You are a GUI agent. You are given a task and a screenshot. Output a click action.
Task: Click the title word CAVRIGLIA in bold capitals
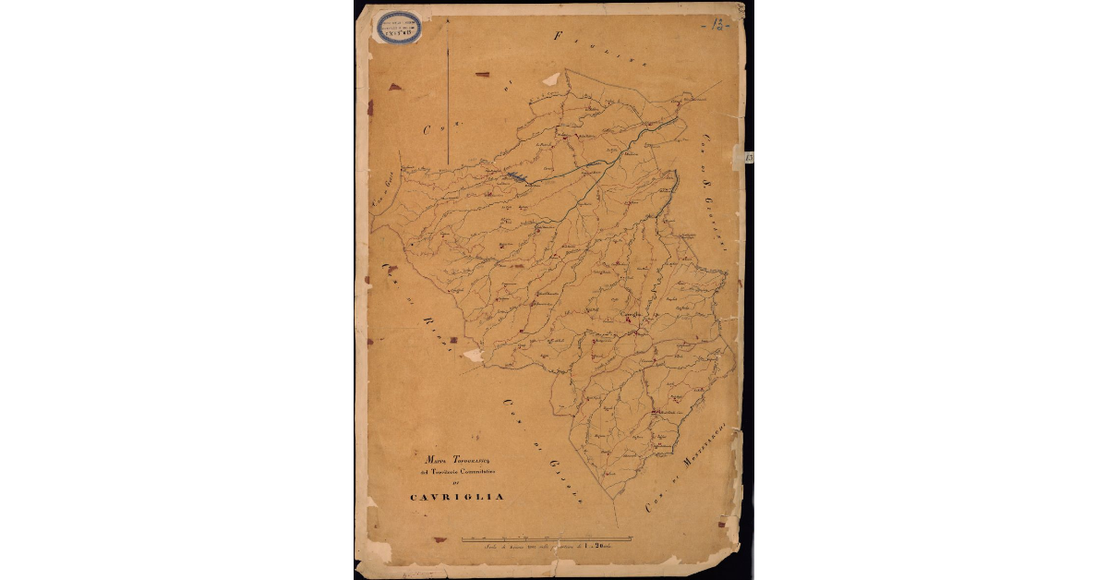[x=457, y=497]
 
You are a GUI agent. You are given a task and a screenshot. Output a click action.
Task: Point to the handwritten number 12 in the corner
[x=717, y=23]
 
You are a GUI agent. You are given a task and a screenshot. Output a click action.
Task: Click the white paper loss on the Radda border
[x=473, y=355]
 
